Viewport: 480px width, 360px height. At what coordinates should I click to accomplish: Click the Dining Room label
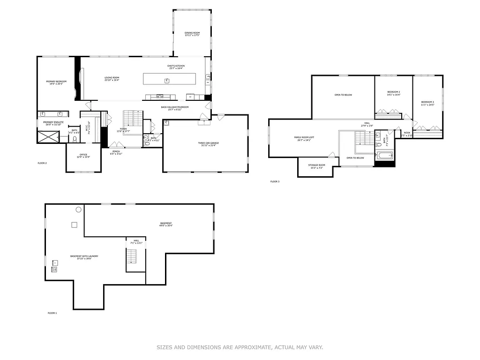(x=192, y=34)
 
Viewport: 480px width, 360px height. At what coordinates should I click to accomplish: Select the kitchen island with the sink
(x=169, y=79)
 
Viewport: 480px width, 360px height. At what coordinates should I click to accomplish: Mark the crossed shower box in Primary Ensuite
(x=49, y=136)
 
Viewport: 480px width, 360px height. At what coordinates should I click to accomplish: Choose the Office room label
(x=83, y=156)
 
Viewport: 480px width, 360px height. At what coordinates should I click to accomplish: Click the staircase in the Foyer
(x=133, y=118)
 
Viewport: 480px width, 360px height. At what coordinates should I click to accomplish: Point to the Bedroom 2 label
(x=393, y=93)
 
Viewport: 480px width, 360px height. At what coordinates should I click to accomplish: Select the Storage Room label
(x=316, y=166)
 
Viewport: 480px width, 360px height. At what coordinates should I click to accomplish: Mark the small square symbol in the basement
(x=74, y=225)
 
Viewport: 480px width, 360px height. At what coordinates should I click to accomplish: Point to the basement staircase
(x=133, y=257)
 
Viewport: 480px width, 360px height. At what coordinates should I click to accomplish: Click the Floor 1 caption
(x=52, y=313)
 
